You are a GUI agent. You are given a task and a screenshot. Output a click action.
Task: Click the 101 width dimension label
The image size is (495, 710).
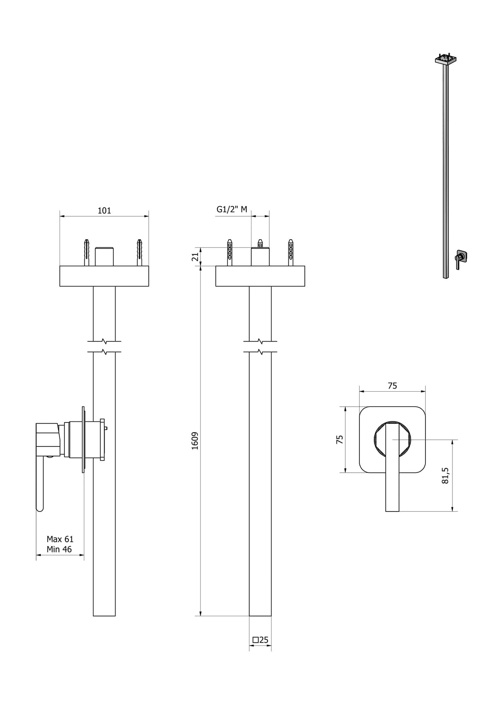(x=104, y=211)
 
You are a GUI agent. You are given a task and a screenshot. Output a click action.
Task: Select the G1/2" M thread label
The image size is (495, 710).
(x=232, y=209)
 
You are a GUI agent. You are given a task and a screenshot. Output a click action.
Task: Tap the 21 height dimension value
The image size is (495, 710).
(x=195, y=257)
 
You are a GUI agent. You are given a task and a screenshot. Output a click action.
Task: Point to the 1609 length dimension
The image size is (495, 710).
(x=195, y=441)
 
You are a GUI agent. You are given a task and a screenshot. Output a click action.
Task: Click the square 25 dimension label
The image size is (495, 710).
(x=260, y=640)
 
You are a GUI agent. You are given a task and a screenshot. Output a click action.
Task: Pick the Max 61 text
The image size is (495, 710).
(x=60, y=539)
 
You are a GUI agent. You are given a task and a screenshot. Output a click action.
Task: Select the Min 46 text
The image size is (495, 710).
(x=59, y=549)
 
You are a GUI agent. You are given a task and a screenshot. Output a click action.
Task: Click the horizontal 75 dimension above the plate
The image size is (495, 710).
(x=392, y=386)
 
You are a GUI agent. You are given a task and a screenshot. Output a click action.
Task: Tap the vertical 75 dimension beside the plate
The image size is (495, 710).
(x=339, y=440)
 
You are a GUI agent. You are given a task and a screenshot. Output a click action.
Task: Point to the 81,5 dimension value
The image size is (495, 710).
(x=445, y=476)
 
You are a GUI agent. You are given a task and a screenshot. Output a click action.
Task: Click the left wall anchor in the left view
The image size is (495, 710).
(x=87, y=252)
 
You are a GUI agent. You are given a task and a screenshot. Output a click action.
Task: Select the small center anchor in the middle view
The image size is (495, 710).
(x=260, y=243)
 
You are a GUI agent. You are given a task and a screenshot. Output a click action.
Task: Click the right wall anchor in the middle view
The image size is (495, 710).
(x=290, y=252)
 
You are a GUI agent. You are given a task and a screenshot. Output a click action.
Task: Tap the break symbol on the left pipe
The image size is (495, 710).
(x=104, y=346)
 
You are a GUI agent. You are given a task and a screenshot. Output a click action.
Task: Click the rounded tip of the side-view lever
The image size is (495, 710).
(x=40, y=509)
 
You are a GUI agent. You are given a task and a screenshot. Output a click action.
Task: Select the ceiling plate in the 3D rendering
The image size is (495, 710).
(x=446, y=60)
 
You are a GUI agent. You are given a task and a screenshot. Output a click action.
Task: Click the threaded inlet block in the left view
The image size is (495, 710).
(x=104, y=256)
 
